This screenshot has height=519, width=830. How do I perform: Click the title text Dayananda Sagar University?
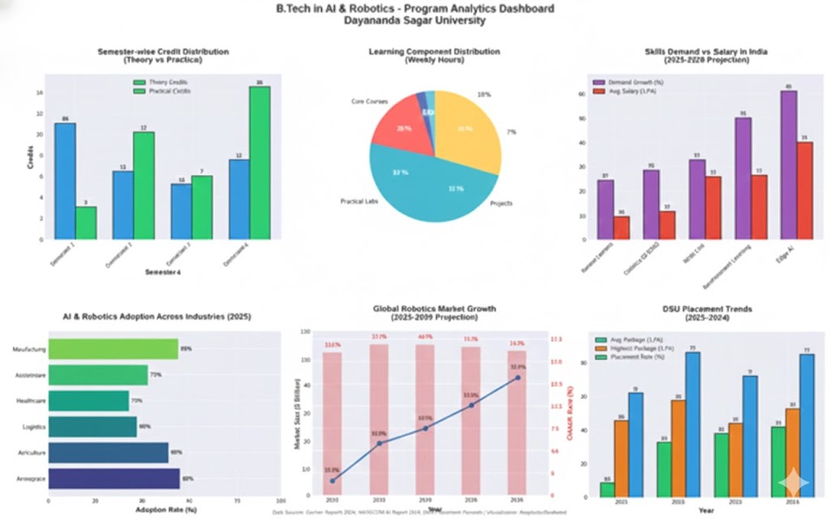414,21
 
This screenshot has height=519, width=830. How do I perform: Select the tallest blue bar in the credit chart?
65,181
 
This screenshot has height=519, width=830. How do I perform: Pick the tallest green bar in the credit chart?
259,163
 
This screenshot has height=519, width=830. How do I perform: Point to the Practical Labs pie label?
359,201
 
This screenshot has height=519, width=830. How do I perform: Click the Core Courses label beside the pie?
370,101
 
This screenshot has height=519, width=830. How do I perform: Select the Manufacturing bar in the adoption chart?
113,350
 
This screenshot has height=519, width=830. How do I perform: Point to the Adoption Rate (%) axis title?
166,509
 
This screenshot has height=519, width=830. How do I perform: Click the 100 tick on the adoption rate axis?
281,501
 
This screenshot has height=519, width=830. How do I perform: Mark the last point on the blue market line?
517,377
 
